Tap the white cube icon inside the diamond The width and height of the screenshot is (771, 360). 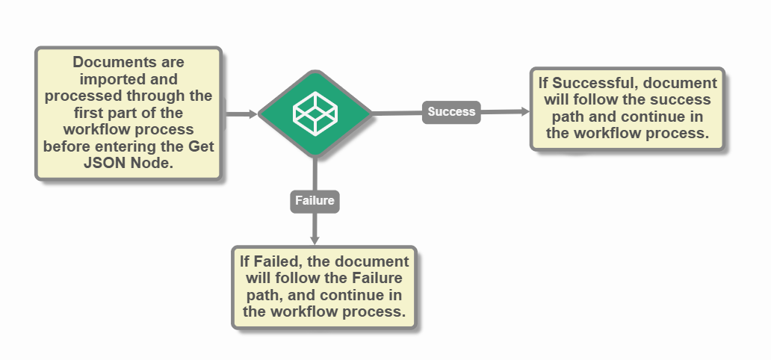pos(315,113)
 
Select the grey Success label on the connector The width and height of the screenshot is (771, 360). pos(451,112)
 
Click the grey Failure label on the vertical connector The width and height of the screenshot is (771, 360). pos(315,201)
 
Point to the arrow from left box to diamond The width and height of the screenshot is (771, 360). pos(240,114)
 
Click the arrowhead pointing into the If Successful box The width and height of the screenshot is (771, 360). pos(525,111)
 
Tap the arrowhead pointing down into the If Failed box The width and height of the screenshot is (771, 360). pos(315,240)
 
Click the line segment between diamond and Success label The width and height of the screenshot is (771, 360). pos(396,113)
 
